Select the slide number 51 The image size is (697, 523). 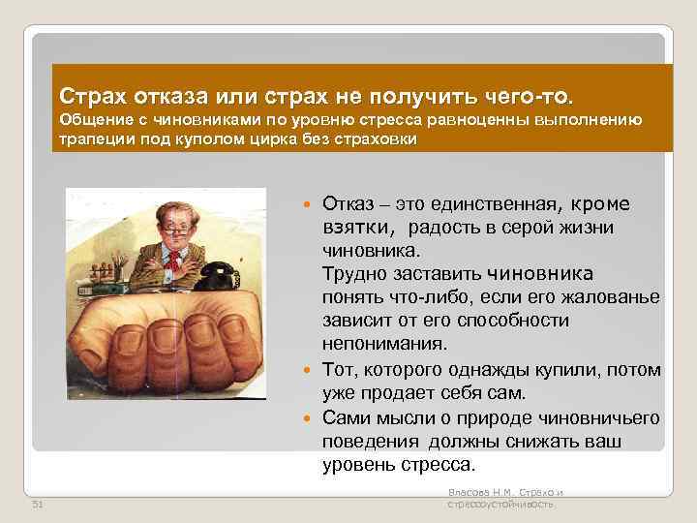click(x=38, y=504)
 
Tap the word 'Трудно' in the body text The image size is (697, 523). click(x=351, y=273)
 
